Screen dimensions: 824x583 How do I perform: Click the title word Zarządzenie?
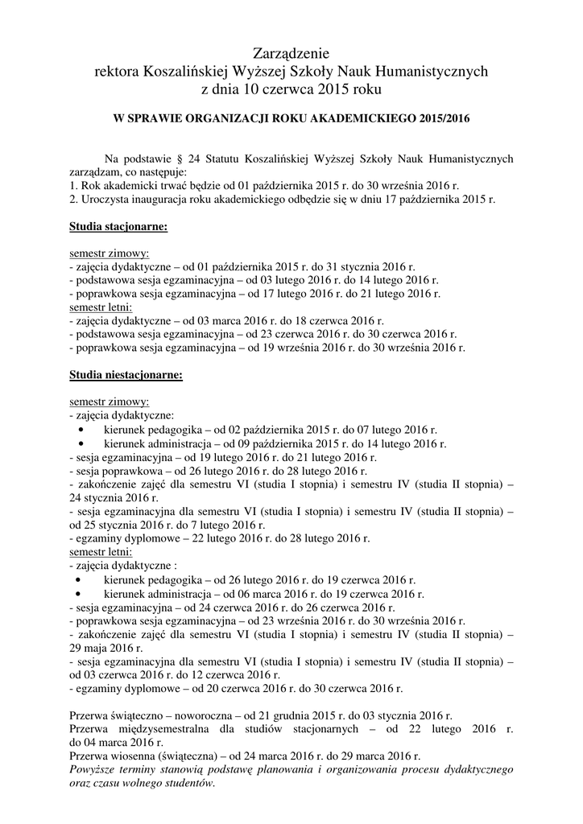(x=291, y=54)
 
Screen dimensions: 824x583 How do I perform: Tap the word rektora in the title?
(x=117, y=71)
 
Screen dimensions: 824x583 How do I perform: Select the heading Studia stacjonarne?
(x=118, y=228)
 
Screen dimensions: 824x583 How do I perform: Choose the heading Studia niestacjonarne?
(x=126, y=374)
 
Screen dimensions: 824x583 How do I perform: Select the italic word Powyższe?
(x=94, y=770)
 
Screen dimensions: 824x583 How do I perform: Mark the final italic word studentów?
(x=191, y=784)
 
